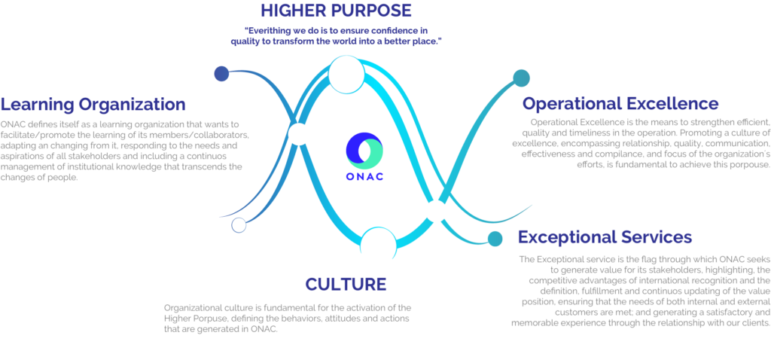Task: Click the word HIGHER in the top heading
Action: click(296, 11)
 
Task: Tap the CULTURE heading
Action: click(346, 284)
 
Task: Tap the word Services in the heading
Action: click(655, 237)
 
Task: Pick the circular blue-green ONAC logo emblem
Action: click(364, 150)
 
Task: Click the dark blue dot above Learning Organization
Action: click(221, 74)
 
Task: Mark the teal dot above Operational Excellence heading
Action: click(521, 77)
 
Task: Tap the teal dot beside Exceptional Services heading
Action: click(495, 239)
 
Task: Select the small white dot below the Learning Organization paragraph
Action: click(239, 224)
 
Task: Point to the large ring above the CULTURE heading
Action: click(378, 243)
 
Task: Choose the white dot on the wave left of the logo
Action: click(299, 135)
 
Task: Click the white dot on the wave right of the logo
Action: click(436, 211)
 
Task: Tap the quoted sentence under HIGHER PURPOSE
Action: click(343, 35)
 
